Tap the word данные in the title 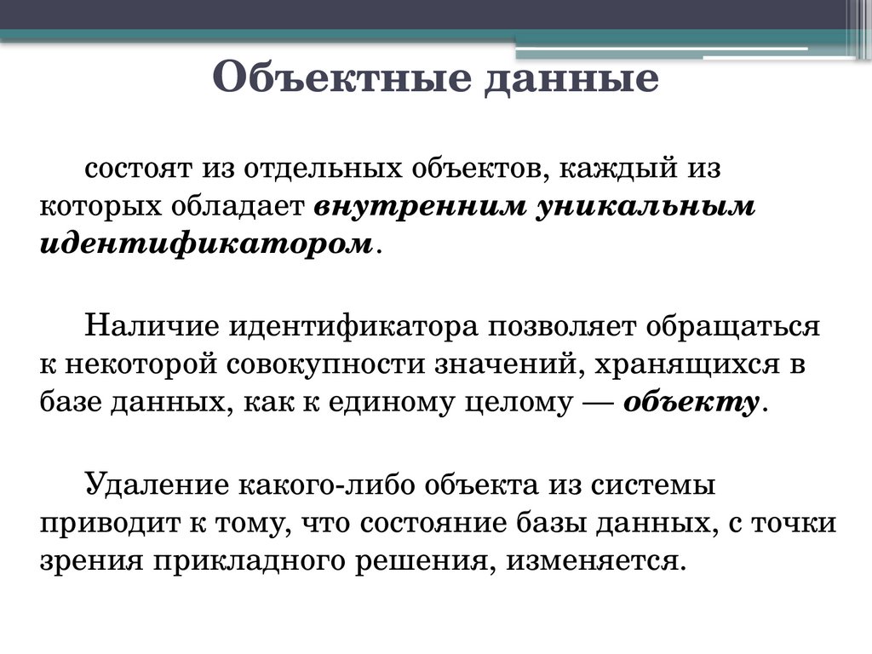pos(571,81)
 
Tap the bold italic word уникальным pos(645,206)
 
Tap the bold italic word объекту pos(691,403)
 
